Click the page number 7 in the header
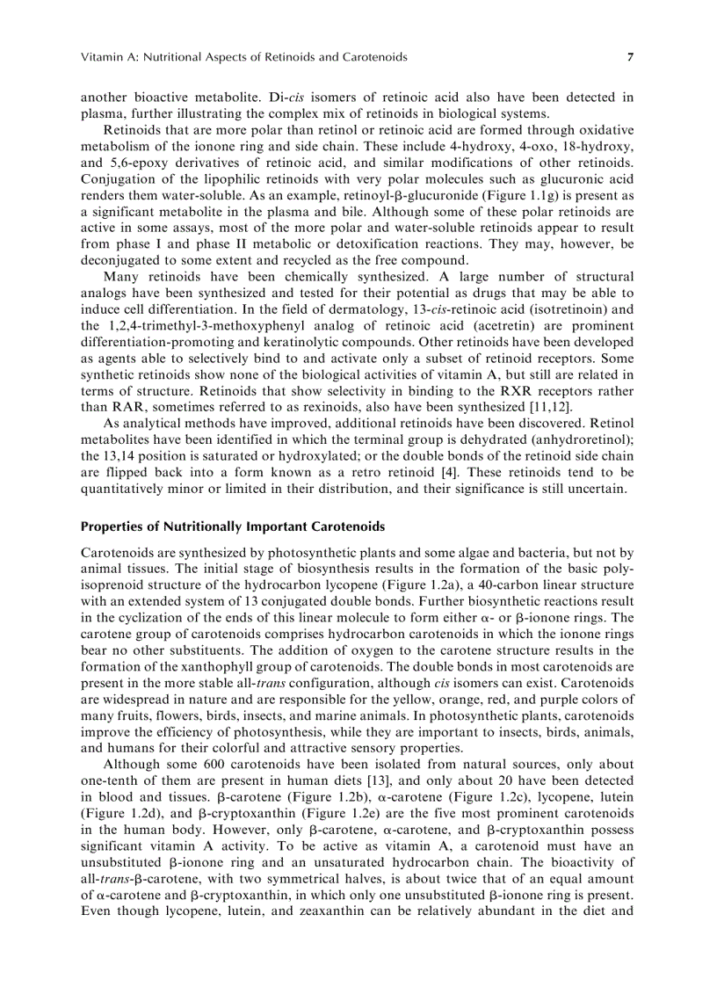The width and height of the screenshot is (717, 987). pos(630,57)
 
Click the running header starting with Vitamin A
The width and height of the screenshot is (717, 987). pos(243,57)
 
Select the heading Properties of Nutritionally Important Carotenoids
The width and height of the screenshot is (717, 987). pos(233,527)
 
